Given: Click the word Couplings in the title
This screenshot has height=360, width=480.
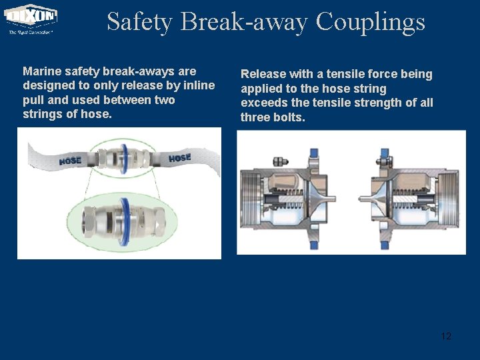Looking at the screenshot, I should (x=370, y=21).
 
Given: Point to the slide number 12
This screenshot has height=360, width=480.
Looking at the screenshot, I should (x=446, y=336).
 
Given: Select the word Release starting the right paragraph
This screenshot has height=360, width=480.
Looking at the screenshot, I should (x=263, y=74).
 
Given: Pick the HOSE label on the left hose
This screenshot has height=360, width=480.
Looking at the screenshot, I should (x=70, y=160).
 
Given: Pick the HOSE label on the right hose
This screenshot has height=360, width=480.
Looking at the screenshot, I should (x=179, y=158).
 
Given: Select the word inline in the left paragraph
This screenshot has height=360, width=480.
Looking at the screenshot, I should (x=199, y=85).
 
